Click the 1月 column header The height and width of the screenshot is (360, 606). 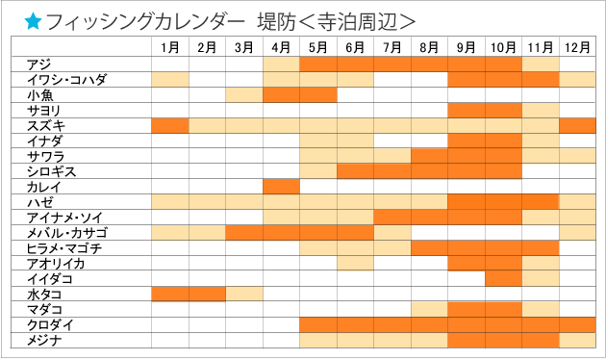click(x=170, y=46)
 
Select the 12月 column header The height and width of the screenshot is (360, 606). click(x=578, y=46)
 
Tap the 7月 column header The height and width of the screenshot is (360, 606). click(x=392, y=46)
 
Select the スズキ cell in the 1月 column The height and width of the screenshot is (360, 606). click(x=170, y=125)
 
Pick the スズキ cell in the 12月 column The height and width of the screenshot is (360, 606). click(x=578, y=125)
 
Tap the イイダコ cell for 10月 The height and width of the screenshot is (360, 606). click(x=504, y=278)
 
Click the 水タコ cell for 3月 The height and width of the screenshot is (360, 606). click(x=244, y=294)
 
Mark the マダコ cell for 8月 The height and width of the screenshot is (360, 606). click(x=430, y=309)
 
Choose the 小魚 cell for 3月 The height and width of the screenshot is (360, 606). click(x=244, y=94)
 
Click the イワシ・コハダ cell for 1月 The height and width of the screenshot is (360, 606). click(x=170, y=79)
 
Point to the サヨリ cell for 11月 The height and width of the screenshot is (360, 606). click(x=542, y=110)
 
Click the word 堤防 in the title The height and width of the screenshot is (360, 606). click(x=279, y=20)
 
